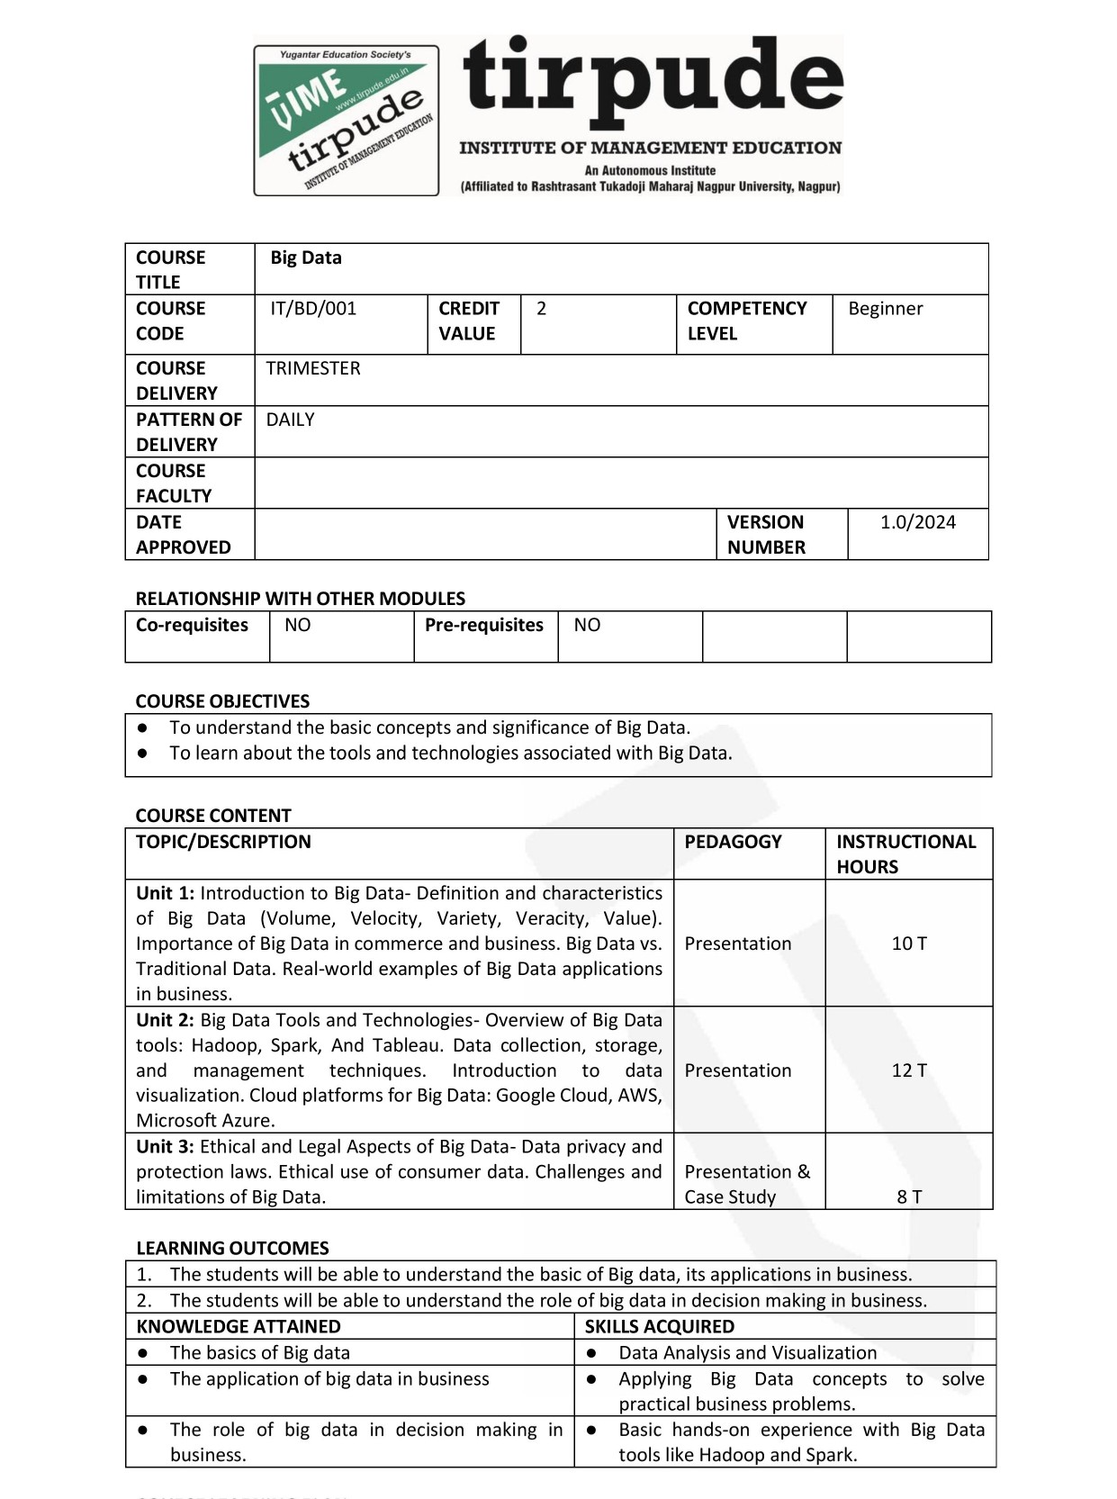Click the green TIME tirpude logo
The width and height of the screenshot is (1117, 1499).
346,121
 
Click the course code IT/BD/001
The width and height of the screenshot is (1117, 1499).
313,309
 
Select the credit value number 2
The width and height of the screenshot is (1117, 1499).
541,309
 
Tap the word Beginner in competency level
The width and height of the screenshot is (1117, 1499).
885,309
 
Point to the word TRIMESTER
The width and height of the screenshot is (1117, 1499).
313,368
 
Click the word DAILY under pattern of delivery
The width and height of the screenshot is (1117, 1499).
290,420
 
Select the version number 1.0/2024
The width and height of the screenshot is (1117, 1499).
917,522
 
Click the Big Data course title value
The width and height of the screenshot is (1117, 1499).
306,257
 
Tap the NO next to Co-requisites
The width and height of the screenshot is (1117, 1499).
297,625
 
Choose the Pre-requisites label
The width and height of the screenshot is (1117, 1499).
484,625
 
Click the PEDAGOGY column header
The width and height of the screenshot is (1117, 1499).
733,842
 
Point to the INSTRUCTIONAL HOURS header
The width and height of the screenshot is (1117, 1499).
905,853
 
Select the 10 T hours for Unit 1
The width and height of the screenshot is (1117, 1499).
909,944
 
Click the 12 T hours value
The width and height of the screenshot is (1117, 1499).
909,1070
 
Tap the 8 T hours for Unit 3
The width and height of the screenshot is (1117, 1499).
909,1196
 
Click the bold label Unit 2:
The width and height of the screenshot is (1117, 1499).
166,1020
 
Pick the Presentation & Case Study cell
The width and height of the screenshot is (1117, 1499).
747,1184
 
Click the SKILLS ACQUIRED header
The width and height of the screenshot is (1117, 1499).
659,1326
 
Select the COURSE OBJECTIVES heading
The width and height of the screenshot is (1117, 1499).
222,701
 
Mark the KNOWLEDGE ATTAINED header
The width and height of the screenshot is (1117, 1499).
239,1326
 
